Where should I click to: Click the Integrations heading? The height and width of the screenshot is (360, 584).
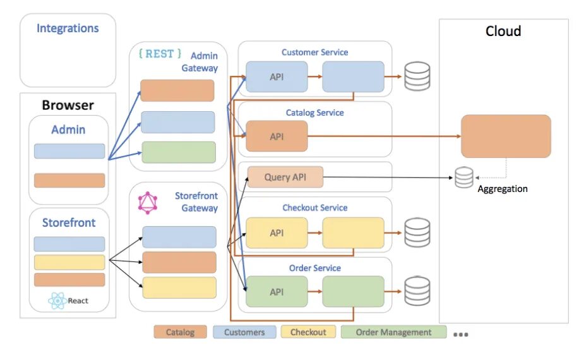click(68, 28)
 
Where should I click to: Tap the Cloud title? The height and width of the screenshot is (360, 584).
click(503, 32)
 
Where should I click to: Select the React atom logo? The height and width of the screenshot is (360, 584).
click(57, 301)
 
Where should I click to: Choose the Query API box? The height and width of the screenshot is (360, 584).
click(285, 177)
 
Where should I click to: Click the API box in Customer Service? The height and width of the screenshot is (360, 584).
click(277, 77)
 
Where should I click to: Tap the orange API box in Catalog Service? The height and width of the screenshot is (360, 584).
click(277, 136)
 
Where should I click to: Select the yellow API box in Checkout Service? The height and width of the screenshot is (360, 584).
click(277, 233)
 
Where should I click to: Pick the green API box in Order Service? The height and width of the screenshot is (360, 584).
click(277, 292)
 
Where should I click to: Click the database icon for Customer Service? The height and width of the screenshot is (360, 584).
click(417, 76)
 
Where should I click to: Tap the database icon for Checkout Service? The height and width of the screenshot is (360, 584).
click(417, 232)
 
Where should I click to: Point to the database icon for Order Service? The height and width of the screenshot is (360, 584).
click(417, 291)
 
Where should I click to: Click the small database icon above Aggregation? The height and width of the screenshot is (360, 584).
click(464, 177)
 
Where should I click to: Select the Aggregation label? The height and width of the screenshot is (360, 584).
click(503, 189)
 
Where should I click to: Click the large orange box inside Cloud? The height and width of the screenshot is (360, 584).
click(506, 136)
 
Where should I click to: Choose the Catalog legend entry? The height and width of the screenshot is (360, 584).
click(181, 332)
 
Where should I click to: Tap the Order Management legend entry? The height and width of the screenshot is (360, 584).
click(393, 332)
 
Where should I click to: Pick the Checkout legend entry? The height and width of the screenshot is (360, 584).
click(308, 332)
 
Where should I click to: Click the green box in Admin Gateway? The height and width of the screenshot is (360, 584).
click(179, 152)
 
